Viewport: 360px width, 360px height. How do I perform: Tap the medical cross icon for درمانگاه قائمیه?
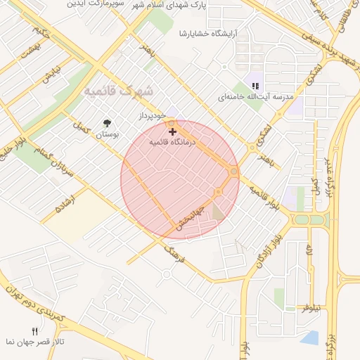(x=172, y=131)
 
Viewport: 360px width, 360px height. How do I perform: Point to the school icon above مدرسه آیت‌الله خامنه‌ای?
(x=255, y=85)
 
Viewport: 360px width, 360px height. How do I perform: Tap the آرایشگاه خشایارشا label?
(x=209, y=33)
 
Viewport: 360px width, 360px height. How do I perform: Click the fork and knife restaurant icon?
(x=34, y=331)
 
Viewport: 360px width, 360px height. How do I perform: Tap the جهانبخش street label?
(x=190, y=219)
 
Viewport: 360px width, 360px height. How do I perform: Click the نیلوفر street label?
(x=311, y=308)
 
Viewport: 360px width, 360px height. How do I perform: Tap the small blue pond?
(x=309, y=337)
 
